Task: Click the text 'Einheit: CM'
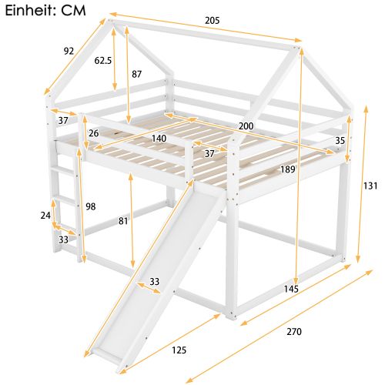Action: point(43,11)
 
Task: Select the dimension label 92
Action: point(69,52)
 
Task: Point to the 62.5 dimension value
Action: point(103,60)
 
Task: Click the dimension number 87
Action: point(137,75)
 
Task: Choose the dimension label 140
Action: point(159,139)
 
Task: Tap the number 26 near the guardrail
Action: point(93,134)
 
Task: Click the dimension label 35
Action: point(340,141)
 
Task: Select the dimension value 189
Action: point(288,169)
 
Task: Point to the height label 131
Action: point(371,185)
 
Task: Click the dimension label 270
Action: point(293,332)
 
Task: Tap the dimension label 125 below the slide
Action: point(179,351)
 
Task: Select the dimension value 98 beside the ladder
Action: point(89,206)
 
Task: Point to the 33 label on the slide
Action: point(155,282)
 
